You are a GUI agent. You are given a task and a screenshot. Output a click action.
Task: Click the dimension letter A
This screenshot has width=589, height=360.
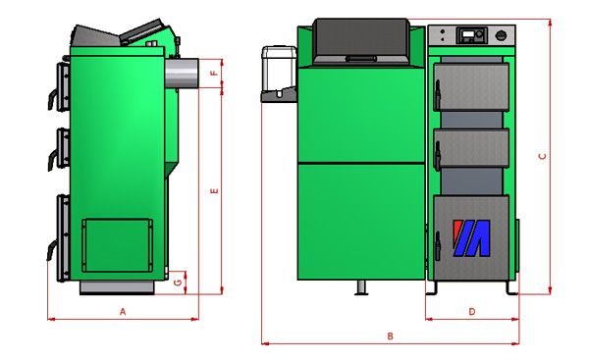(x=123, y=312)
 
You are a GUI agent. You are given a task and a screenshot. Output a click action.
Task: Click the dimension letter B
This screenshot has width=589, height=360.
(x=391, y=336)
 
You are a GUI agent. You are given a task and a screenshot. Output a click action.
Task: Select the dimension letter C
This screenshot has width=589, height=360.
(x=542, y=156)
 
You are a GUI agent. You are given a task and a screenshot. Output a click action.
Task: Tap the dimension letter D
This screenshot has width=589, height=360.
(x=472, y=312)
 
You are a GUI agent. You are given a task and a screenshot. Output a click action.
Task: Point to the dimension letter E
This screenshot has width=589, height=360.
(x=214, y=191)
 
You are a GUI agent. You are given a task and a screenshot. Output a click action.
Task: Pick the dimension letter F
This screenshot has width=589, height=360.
(x=214, y=73)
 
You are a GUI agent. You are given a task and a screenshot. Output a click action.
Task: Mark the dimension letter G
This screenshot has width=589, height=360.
(x=178, y=282)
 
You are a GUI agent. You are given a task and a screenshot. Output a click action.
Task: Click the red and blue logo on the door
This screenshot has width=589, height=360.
(x=471, y=238)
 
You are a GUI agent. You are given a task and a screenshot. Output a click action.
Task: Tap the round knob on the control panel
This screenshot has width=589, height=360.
(x=501, y=36)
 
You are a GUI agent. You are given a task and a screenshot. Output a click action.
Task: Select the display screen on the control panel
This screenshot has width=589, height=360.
(x=468, y=34)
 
